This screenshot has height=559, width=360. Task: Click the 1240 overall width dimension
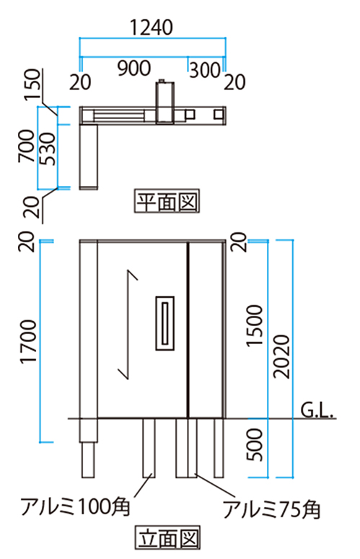(x=152, y=27)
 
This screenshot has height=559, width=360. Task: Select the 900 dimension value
(x=134, y=68)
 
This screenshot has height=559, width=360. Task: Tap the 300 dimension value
(x=205, y=70)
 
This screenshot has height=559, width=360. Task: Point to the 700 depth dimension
(x=27, y=146)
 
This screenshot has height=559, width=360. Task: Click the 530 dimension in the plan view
(x=47, y=149)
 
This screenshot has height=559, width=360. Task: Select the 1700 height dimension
(x=29, y=342)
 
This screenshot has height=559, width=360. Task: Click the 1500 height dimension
(x=255, y=325)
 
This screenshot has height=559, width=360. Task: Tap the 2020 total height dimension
(x=282, y=356)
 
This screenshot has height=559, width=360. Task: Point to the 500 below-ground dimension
(x=255, y=444)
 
